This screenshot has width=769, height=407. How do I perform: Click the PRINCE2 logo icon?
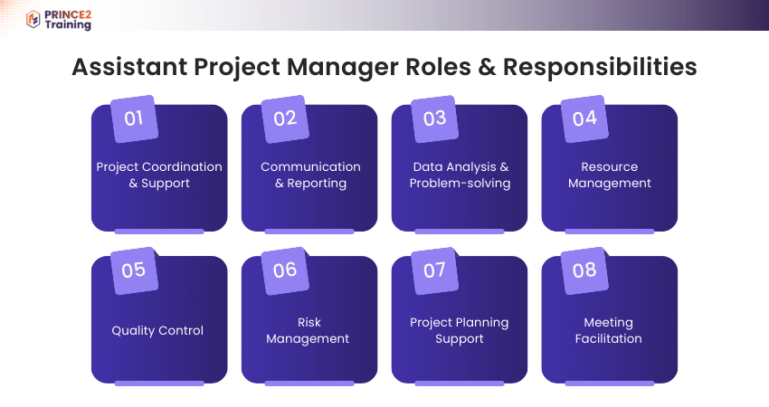tap(33, 19)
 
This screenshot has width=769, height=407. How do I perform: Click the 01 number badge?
tap(134, 118)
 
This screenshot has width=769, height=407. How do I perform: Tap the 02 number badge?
tap(284, 118)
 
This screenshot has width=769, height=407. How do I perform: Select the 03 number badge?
tap(434, 118)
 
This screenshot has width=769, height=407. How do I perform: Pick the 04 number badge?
tap(584, 118)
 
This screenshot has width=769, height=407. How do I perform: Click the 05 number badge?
tap(134, 270)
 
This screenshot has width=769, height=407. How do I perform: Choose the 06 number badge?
tap(284, 270)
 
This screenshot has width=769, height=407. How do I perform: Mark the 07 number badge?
tap(434, 270)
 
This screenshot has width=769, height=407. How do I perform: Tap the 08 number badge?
tap(584, 270)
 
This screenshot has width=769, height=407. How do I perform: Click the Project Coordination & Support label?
tap(159, 175)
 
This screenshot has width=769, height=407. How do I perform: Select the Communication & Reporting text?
tap(310, 175)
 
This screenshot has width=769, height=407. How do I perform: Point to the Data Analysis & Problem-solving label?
tap(460, 175)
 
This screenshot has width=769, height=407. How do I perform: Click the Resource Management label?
tap(610, 175)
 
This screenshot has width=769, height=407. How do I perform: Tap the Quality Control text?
tap(157, 331)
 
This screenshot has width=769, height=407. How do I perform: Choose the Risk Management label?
tap(309, 331)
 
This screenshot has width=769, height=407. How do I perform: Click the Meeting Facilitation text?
tap(609, 331)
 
